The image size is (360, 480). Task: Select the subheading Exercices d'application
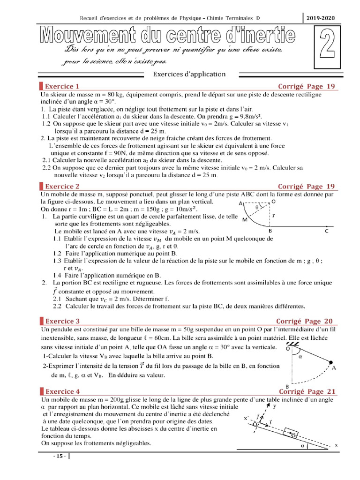pyautogui.click(x=189, y=74)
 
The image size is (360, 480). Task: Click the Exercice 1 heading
pyautogui.click(x=62, y=86)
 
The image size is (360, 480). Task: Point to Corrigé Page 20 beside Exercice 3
pyautogui.click(x=306, y=321)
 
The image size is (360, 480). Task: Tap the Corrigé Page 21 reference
pyautogui.click(x=307, y=391)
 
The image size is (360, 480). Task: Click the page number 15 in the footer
pyautogui.click(x=60, y=457)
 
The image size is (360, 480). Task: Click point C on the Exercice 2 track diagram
pyautogui.click(x=327, y=231)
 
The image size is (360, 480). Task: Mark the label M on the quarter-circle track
pyautogui.click(x=244, y=219)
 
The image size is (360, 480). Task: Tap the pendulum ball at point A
pyautogui.click(x=331, y=362)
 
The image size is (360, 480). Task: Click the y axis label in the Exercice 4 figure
pyautogui.click(x=274, y=407)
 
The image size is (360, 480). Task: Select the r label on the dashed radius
pyautogui.click(x=273, y=215)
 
